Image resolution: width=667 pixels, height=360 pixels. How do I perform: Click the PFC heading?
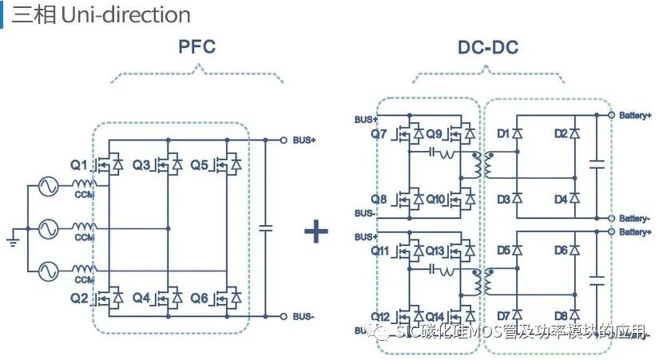(197, 46)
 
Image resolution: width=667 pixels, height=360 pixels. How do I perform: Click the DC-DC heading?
(488, 47)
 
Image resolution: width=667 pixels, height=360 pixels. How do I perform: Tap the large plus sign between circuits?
(316, 231)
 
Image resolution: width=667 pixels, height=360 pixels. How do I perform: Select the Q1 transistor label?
(78, 165)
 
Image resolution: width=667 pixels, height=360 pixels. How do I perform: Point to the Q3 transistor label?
(141, 165)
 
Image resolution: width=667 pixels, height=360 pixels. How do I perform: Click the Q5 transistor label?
(199, 165)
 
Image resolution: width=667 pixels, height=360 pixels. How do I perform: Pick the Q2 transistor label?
(78, 298)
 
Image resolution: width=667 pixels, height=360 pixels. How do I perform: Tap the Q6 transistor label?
(199, 298)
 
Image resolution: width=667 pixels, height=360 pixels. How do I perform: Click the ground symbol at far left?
(11, 237)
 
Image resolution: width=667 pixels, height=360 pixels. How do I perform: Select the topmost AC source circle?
(46, 188)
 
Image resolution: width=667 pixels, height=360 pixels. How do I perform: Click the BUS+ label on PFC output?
(304, 140)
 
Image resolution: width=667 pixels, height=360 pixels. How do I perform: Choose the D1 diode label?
(503, 133)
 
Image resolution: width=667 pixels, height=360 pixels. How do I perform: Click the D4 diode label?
(561, 198)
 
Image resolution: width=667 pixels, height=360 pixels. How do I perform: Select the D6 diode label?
(561, 251)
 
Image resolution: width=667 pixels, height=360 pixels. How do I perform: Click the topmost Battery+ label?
(635, 116)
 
